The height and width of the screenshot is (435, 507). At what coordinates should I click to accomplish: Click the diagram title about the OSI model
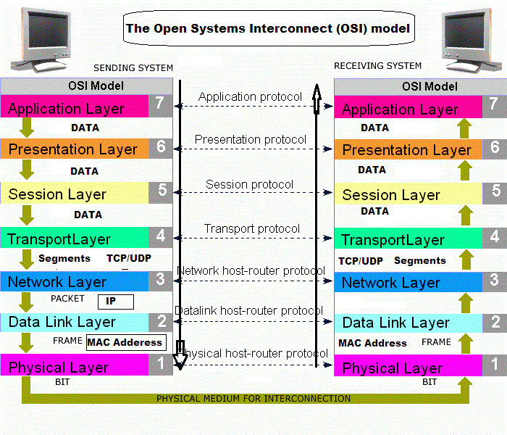[268, 30]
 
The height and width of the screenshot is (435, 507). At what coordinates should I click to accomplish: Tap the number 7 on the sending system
[160, 104]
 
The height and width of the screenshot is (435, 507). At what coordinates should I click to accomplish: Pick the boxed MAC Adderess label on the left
[125, 342]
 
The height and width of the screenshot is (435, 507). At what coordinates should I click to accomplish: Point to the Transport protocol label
[251, 229]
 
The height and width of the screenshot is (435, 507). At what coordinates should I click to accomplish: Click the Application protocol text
[250, 96]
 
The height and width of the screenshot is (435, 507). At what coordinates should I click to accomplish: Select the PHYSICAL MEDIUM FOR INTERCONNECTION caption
[253, 399]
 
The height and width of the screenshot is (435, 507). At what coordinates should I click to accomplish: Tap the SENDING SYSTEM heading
[133, 68]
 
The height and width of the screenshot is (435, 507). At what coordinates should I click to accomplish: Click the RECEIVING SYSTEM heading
[377, 66]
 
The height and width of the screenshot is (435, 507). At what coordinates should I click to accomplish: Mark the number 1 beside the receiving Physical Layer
[494, 364]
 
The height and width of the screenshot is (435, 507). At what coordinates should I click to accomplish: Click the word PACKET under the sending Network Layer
[68, 298]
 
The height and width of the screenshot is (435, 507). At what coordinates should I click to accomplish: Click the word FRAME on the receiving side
[436, 341]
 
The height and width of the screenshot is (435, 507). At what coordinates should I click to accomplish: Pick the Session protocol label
[250, 185]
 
